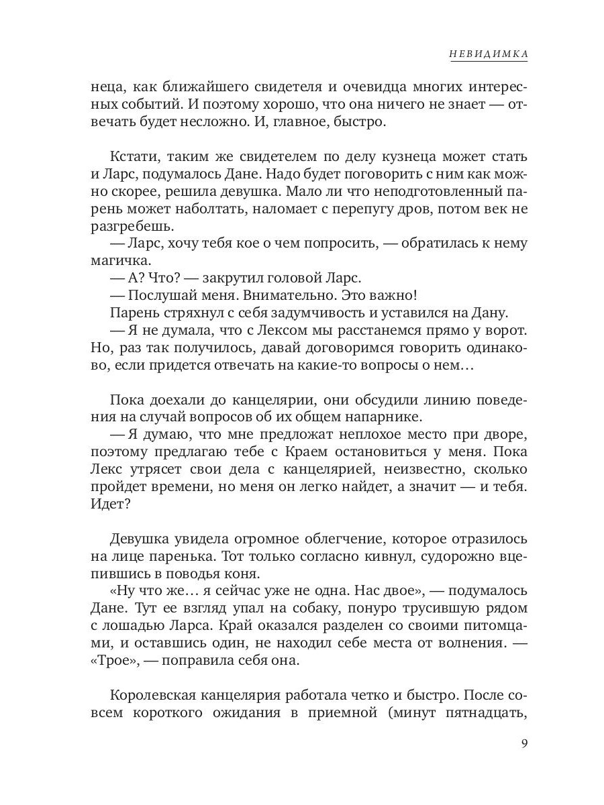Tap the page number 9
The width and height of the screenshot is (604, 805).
pyautogui.click(x=523, y=744)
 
